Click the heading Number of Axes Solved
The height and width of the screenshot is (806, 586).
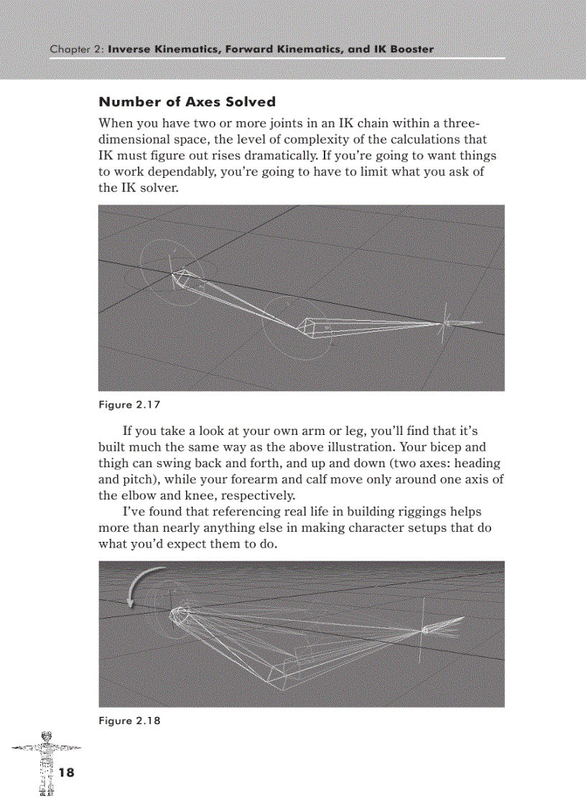tap(187, 102)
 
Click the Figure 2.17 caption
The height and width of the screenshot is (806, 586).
tap(129, 405)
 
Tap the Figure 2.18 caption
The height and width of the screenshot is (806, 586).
tap(129, 721)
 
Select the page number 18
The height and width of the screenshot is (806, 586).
tap(66, 773)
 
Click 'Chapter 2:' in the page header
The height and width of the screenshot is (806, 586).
tap(77, 50)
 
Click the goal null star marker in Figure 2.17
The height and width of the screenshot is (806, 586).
tap(446, 323)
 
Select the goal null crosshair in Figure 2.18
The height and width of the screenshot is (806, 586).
tap(424, 631)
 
